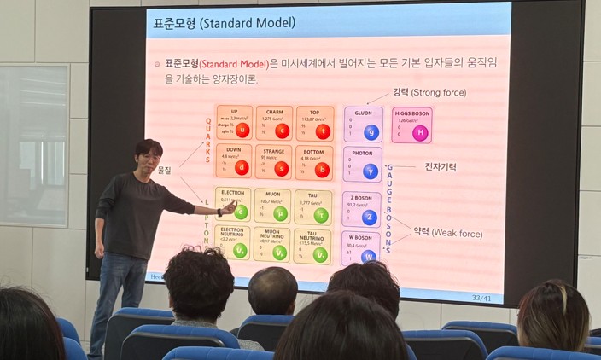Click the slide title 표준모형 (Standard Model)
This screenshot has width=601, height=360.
coord(223,23)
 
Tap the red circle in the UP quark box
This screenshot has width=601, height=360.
coord(242,131)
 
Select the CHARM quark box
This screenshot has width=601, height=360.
coord(274,123)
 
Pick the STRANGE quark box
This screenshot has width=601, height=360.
coord(274,160)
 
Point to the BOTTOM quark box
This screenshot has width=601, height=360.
coord(313,161)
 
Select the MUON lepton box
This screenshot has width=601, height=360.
coord(272,206)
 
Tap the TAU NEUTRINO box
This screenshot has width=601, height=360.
coord(312,243)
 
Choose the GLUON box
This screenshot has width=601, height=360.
coord(363,124)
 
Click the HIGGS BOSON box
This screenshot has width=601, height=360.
coord(412,125)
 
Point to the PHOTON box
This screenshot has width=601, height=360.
coord(363,164)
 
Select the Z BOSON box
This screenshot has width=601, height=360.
coord(363,208)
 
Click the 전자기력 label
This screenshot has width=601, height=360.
coord(441,167)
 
